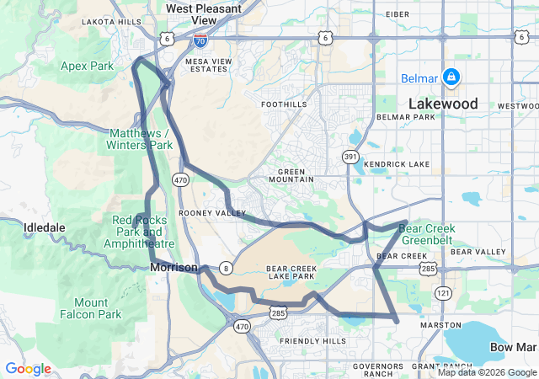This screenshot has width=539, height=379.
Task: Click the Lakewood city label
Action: click(x=442, y=104)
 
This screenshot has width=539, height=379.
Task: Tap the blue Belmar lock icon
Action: click(x=451, y=78)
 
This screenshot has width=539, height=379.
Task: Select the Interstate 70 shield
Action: click(x=200, y=40)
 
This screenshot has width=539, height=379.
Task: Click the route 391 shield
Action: click(x=349, y=157)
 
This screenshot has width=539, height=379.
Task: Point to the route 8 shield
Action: click(x=226, y=268)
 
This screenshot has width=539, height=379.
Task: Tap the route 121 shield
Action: click(x=443, y=291)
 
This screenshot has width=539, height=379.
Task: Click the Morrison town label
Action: click(x=173, y=267)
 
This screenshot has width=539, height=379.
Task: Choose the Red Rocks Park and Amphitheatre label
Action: click(x=138, y=232)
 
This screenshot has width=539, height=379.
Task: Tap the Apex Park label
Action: click(x=88, y=65)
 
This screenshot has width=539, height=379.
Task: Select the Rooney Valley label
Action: click(x=200, y=213)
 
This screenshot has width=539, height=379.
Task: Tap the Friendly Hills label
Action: click(x=312, y=340)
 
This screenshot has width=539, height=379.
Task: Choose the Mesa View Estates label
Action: click(x=206, y=64)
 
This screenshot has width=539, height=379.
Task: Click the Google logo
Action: click(x=28, y=369)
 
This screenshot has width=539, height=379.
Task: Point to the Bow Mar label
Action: click(x=512, y=347)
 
